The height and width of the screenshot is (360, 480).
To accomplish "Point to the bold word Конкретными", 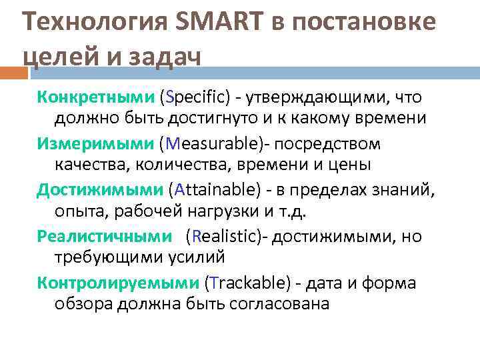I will click(95, 97).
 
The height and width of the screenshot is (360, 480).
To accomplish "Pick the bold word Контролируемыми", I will click(117, 283).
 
